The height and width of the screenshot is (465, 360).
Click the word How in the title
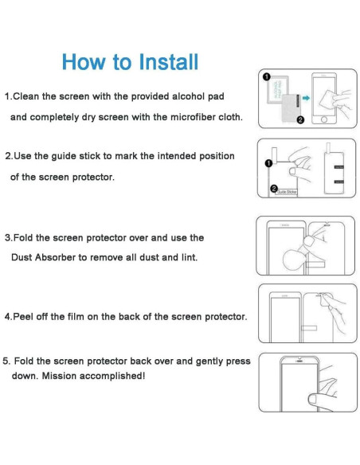(80, 61)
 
